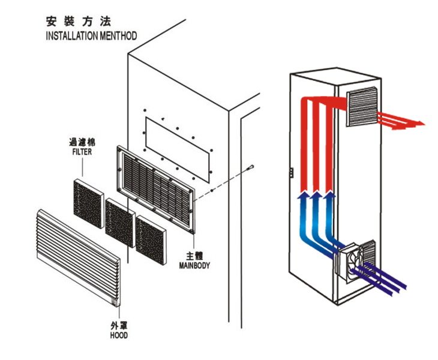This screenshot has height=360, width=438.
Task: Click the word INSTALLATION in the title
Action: coord(72,36)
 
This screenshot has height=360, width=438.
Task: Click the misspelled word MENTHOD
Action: coord(118,36)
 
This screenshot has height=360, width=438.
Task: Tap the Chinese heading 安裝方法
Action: coord(79,22)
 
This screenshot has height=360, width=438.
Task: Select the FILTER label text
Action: coord(82,152)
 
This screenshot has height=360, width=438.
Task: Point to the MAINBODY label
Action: coord(194,265)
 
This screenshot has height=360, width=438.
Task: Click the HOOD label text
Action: coord(119,335)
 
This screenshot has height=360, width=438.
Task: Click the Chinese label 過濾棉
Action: coord(82,142)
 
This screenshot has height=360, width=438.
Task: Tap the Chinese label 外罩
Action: coord(119,326)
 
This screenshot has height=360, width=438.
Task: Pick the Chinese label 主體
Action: coord(194,256)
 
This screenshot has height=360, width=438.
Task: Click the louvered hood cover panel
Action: coord(79,258)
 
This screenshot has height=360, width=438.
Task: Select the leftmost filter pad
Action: coord(89,204)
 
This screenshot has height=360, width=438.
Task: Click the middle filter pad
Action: coord(120,223)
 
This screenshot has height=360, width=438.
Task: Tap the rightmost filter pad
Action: coord(151,240)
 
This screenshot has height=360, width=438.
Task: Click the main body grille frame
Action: coord(156,189)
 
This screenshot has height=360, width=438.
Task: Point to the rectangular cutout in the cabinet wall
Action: coord(177,149)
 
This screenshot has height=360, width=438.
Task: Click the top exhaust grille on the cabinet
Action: coord(362,106)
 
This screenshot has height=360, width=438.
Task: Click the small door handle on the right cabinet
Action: coord(292,172)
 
